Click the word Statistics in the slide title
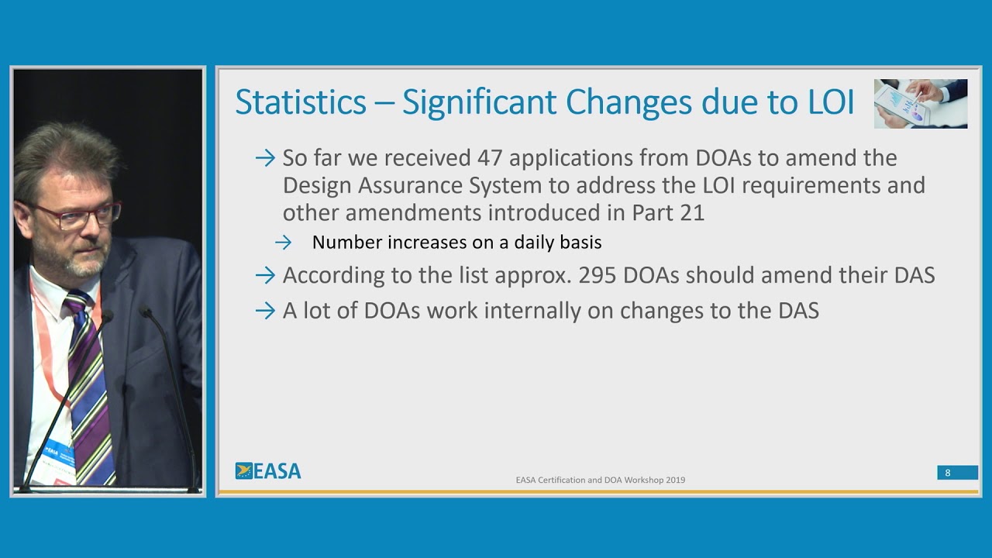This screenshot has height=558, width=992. click(301, 103)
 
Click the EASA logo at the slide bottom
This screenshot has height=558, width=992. click(268, 471)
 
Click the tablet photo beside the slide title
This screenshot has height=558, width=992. click(920, 103)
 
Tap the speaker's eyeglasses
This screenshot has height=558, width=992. click(77, 215)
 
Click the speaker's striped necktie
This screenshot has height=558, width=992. click(91, 380)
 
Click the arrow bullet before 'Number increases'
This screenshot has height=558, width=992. click(283, 243)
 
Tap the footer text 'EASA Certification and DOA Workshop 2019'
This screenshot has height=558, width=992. click(600, 480)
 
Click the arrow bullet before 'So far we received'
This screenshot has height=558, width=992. click(265, 158)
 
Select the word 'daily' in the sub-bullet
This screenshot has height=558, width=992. click(532, 243)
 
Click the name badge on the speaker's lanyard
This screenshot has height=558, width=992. click(58, 457)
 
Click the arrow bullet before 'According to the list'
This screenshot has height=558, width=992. click(265, 275)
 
